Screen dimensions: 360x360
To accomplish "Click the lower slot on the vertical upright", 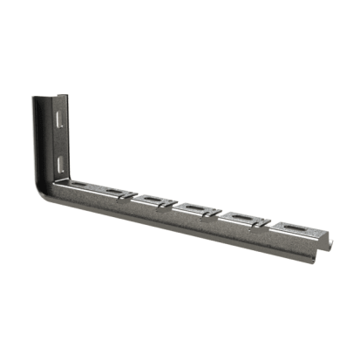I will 58,164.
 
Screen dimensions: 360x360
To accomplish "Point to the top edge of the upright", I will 48,95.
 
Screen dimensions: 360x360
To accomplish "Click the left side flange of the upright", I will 39,139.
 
